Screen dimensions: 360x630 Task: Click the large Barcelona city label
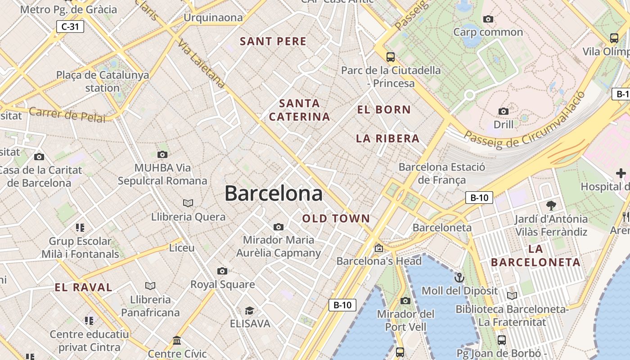(273, 193)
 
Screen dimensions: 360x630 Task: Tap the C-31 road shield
(70, 27)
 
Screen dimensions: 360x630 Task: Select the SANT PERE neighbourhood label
(273, 41)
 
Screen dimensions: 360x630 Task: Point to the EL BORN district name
(384, 109)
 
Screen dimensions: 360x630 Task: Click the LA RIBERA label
(387, 139)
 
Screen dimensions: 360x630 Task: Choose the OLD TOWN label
(336, 219)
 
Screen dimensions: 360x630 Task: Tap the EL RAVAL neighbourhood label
(83, 288)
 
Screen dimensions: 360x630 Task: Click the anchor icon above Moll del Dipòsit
(459, 277)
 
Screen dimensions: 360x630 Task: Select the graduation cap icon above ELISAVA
(249, 310)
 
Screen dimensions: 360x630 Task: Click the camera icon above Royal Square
(222, 271)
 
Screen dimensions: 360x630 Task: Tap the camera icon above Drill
(504, 111)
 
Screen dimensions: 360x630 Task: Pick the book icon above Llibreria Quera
(188, 203)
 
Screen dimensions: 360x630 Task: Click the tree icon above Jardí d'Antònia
(551, 206)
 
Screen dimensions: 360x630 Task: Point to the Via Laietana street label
(201, 63)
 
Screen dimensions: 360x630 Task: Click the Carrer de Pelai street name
(67, 115)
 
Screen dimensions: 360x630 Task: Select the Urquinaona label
(213, 18)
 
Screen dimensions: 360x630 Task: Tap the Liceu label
(182, 248)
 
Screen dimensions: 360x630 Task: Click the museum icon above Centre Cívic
(177, 341)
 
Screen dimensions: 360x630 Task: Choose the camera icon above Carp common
(488, 19)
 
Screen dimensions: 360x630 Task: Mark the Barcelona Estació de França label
(441, 174)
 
